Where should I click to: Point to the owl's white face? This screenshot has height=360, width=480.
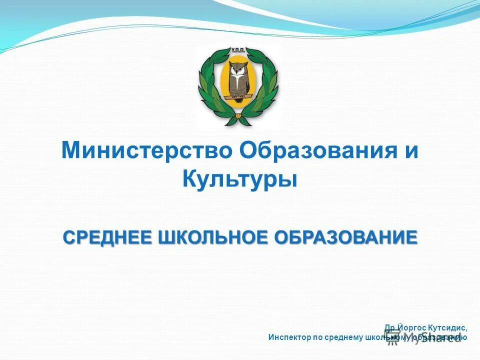[x=239, y=70]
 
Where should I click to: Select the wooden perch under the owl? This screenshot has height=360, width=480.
[x=239, y=98]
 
